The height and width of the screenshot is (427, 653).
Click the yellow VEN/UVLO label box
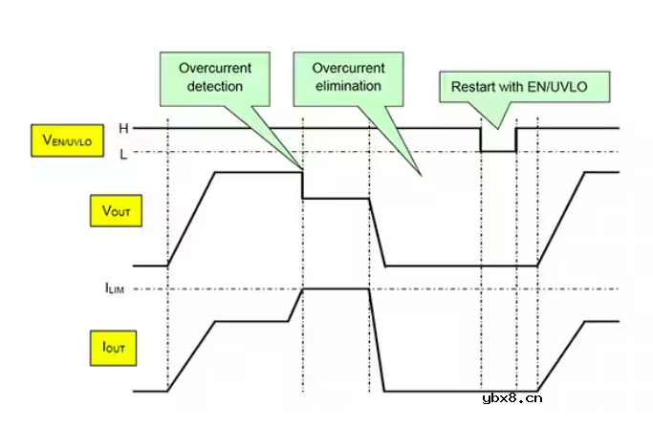tap(67, 141)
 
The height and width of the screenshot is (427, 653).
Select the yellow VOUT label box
tap(115, 210)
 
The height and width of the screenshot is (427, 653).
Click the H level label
tap(122, 127)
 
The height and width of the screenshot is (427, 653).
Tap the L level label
tap(122, 153)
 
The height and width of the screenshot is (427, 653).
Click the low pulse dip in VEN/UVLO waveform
tap(497, 151)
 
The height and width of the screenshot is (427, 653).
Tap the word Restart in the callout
tap(471, 86)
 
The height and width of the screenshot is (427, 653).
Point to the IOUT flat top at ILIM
tap(335, 288)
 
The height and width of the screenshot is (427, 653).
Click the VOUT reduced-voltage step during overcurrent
tap(335, 198)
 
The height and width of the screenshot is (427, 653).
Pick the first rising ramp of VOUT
tap(191, 219)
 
